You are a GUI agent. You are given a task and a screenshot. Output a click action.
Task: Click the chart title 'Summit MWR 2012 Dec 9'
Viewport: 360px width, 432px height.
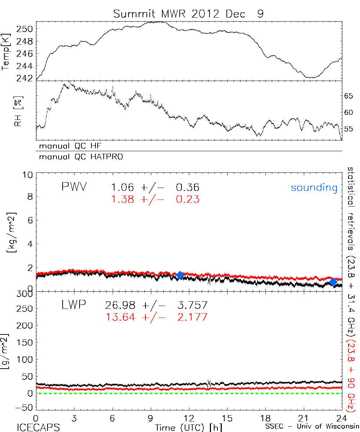click(x=188, y=14)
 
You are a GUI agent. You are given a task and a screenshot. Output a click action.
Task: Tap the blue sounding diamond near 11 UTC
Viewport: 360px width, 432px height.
click(x=180, y=275)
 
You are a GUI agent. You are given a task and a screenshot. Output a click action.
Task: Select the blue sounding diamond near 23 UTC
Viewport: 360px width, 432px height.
click(x=333, y=282)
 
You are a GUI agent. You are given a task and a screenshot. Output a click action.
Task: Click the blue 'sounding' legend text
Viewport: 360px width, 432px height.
click(x=314, y=188)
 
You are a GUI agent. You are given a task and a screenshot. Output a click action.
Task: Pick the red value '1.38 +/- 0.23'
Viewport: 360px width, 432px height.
click(x=155, y=199)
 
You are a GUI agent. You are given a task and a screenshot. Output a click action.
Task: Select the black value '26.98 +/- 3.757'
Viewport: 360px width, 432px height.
click(x=156, y=306)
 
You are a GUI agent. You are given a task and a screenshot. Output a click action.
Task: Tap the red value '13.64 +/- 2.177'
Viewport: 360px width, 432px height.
click(x=156, y=317)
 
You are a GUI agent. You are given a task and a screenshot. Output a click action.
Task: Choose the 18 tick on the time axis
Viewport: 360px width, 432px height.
click(x=265, y=418)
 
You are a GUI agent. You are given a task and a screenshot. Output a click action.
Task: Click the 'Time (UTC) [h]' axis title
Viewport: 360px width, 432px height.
click(x=188, y=427)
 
